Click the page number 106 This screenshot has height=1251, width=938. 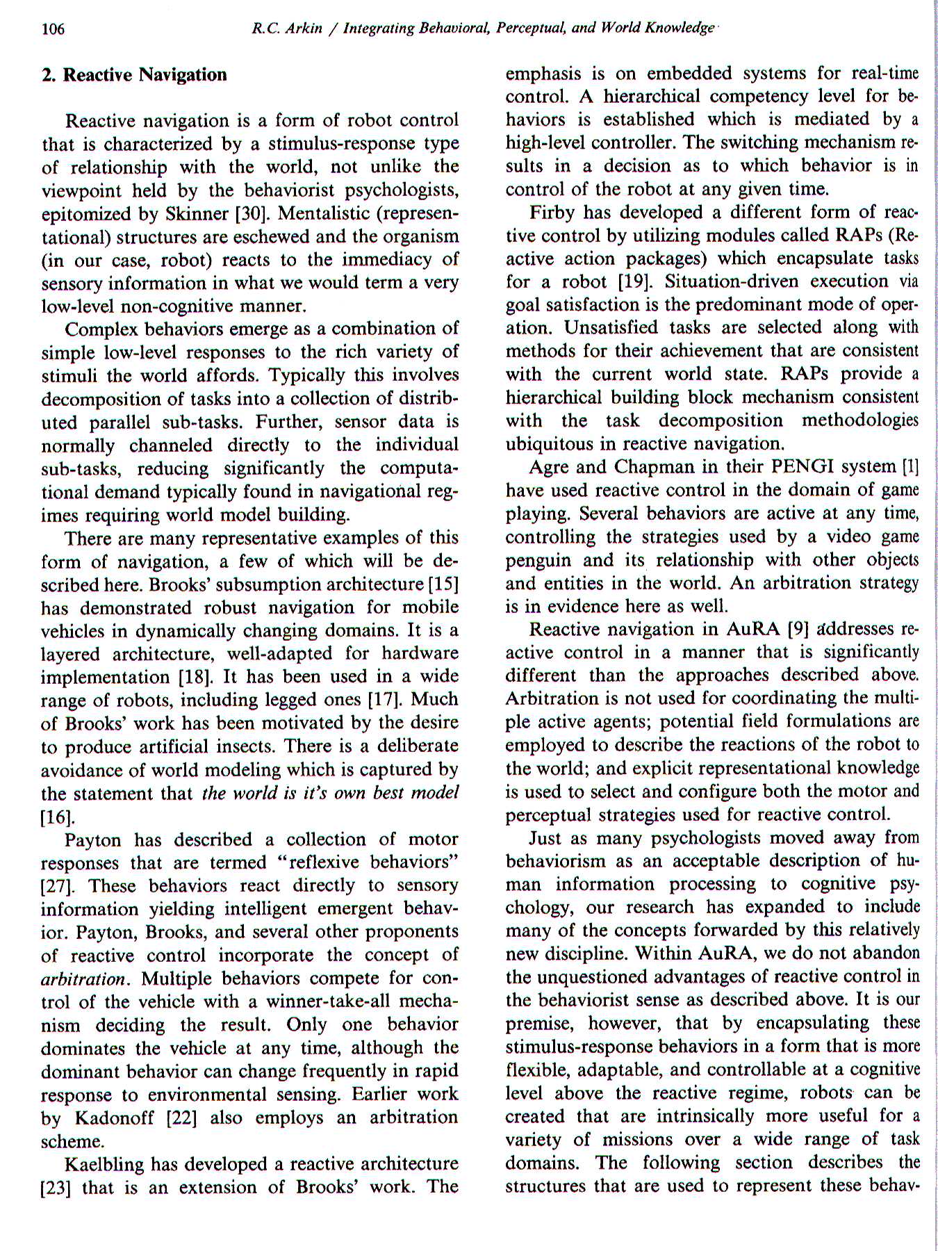pyautogui.click(x=54, y=28)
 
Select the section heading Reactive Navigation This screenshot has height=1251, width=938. pyautogui.click(x=134, y=74)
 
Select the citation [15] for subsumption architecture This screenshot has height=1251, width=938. pyautogui.click(x=445, y=584)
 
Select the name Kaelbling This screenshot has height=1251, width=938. pyautogui.click(x=105, y=1165)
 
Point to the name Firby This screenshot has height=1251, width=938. pyautogui.click(x=553, y=212)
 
